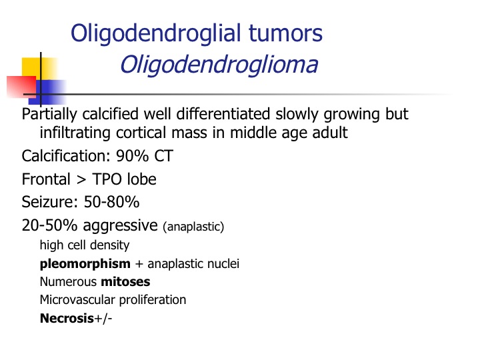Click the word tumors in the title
click(285, 33)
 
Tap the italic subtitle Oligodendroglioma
click(219, 65)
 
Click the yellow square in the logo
click(39, 69)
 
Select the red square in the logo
click(21, 87)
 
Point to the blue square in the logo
click(47, 92)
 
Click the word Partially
click(49, 115)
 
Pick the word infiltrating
click(75, 133)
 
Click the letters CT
click(164, 156)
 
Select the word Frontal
click(46, 179)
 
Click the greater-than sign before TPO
click(81, 180)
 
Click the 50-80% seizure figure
click(112, 202)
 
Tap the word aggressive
click(120, 226)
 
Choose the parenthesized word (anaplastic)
click(193, 227)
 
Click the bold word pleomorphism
click(85, 264)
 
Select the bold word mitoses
click(125, 281)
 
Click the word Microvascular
click(78, 300)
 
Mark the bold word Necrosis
click(67, 319)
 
